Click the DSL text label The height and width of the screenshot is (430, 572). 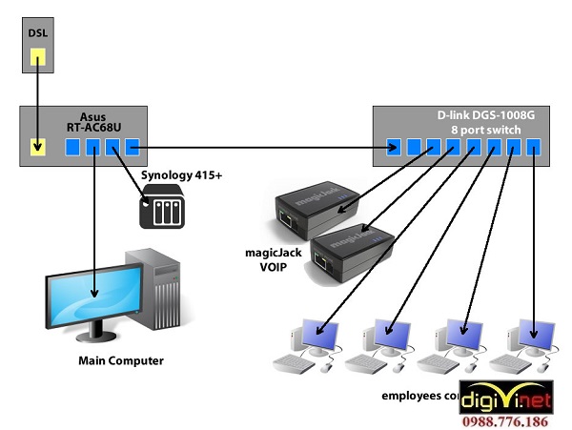[x=36, y=32]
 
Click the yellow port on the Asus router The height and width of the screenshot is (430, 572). [x=36, y=148]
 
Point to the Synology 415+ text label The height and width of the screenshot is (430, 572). [x=181, y=176]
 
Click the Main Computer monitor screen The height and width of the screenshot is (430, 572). [x=93, y=294]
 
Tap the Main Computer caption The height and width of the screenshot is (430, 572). [x=120, y=361]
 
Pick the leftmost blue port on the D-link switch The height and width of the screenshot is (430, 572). [x=394, y=148]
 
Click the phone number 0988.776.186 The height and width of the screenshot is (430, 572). [x=514, y=420]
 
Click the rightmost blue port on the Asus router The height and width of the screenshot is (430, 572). [x=133, y=148]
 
